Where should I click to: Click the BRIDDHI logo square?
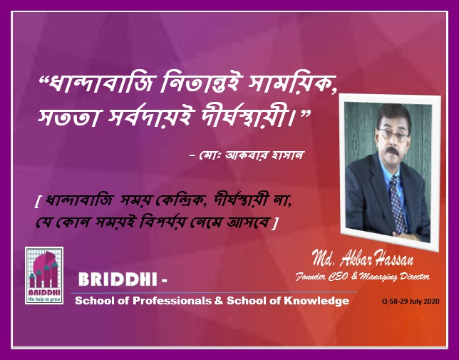pos(44,275)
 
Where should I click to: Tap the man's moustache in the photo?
pos(392,151)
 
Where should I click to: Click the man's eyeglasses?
pos(393,134)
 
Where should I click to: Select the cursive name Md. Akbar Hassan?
pos(362,258)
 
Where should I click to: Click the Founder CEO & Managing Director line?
pos(362,277)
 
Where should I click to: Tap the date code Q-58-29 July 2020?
pos(411,301)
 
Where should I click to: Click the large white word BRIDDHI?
pos(118,279)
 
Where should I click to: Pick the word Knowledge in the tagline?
pos(316,301)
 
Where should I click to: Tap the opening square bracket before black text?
pos(37,202)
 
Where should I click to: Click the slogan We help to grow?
pos(44,299)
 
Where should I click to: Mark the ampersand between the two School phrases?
pos(218,301)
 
